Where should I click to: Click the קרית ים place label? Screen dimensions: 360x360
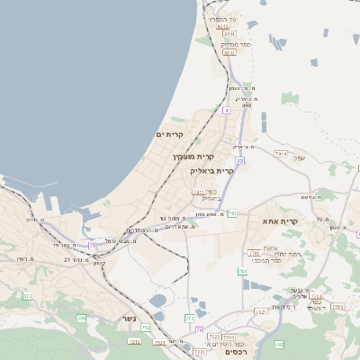[169, 135]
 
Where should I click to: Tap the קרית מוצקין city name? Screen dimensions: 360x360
[193, 157]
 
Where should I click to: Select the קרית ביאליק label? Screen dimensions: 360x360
[211, 170]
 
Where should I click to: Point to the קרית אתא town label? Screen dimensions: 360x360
[280, 220]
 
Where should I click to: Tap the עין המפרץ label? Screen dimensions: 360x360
[220, 20]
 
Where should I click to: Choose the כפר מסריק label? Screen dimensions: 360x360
[235, 44]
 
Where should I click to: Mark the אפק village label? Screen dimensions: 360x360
[300, 159]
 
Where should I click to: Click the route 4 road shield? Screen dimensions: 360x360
[227, 110]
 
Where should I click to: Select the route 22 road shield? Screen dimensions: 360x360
[240, 161]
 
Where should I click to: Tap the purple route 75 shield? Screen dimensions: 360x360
[93, 245]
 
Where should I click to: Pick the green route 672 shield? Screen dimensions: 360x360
[27, 295]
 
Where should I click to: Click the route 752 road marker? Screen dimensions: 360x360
[146, 328]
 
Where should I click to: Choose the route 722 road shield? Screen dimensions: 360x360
[189, 319]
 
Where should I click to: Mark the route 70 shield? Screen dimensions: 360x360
[200, 329]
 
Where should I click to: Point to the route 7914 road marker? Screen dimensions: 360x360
[281, 154]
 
